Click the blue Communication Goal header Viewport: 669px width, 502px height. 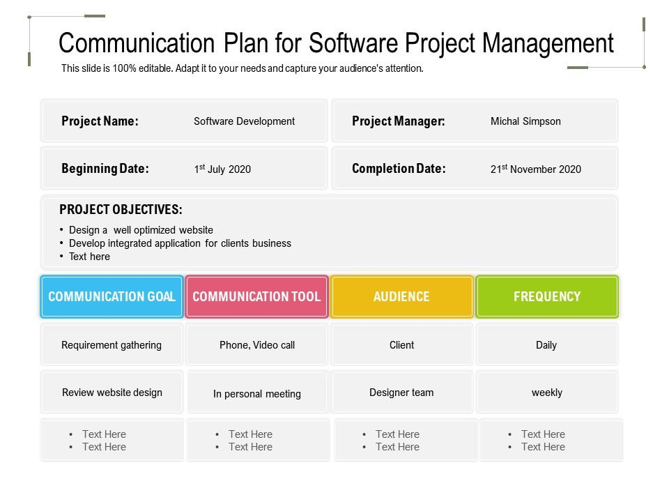pyautogui.click(x=111, y=296)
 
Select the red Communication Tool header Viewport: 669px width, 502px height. pyautogui.click(x=256, y=296)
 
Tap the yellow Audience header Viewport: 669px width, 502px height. pyautogui.click(x=401, y=296)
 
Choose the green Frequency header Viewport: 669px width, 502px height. pyautogui.click(x=546, y=296)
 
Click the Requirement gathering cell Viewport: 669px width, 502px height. pyautogui.click(x=111, y=345)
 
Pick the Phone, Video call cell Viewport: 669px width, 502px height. pyautogui.click(x=256, y=345)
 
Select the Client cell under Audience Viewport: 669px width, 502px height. pyautogui.click(x=401, y=345)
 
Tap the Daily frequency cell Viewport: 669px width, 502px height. pyautogui.click(x=546, y=345)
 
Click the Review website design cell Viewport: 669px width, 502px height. pyautogui.click(x=111, y=393)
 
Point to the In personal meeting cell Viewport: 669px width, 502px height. pyautogui.click(x=256, y=394)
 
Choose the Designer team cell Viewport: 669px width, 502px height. pyautogui.click(x=401, y=393)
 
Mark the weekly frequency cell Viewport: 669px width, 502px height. pyautogui.click(x=546, y=393)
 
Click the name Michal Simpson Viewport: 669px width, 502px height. pyautogui.click(x=525, y=121)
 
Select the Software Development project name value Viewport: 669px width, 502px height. pyautogui.click(x=244, y=121)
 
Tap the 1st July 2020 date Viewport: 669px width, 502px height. pyautogui.click(x=222, y=169)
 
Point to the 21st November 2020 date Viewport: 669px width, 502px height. pyautogui.click(x=535, y=169)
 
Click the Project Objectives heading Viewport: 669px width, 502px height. pyautogui.click(x=121, y=209)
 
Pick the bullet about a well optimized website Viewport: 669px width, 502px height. pyautogui.click(x=141, y=230)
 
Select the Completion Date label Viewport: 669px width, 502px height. pyautogui.click(x=399, y=169)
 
